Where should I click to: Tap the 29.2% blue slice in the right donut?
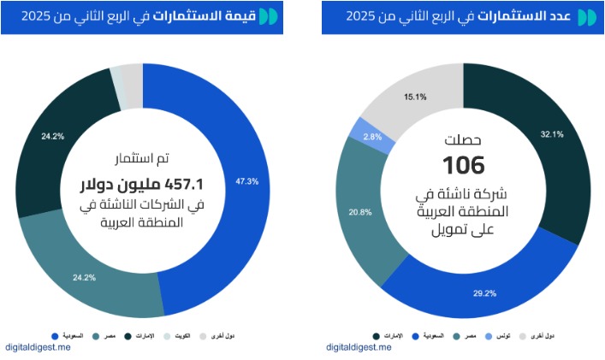[479, 286]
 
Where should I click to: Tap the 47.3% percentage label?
[246, 181]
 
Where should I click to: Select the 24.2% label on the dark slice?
[53, 135]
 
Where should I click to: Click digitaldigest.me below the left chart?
[39, 347]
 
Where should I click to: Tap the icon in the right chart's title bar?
[587, 17]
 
